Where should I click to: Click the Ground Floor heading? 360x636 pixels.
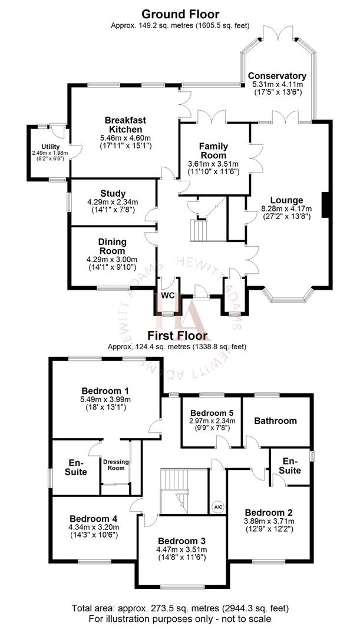coord(180,14)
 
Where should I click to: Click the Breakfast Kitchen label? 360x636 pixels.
coord(125,124)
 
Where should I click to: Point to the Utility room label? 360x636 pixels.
coord(51,146)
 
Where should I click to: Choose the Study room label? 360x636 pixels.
coord(113,193)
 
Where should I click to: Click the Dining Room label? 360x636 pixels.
coord(113,246)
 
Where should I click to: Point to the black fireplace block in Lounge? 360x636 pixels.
coord(323,206)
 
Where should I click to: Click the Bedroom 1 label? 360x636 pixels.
coord(105,390)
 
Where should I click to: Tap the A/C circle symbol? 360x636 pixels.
coord(218,506)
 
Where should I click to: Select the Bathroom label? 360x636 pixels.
coord(275,420)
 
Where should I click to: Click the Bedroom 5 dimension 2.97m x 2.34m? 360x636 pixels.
coord(212,420)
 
